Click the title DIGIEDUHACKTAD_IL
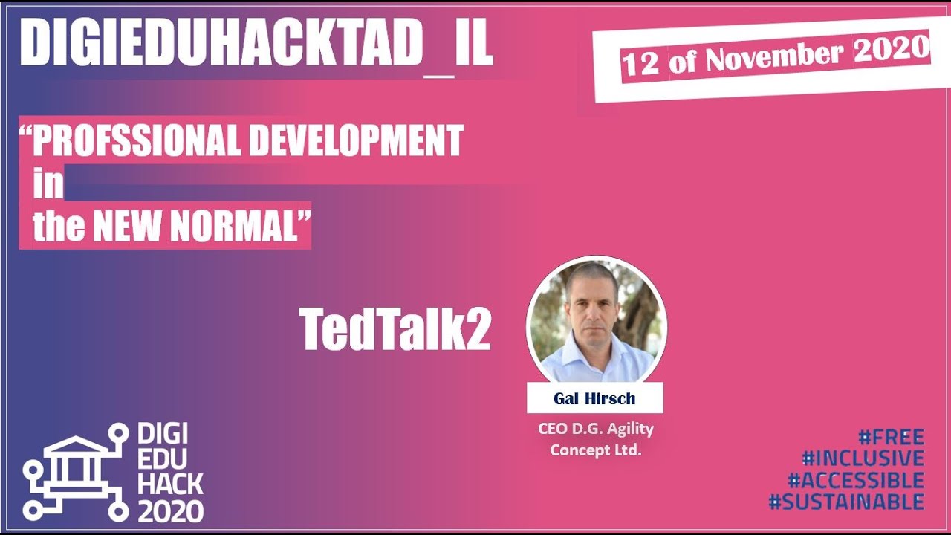256,42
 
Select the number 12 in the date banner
640,65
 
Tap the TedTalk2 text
395,329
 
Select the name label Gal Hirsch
594,398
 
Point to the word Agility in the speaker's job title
629,429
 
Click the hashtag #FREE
891,437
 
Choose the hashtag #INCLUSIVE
863,458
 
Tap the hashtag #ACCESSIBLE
855,480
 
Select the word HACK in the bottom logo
170,484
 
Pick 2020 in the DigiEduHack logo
170,511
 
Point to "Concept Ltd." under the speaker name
595,450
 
